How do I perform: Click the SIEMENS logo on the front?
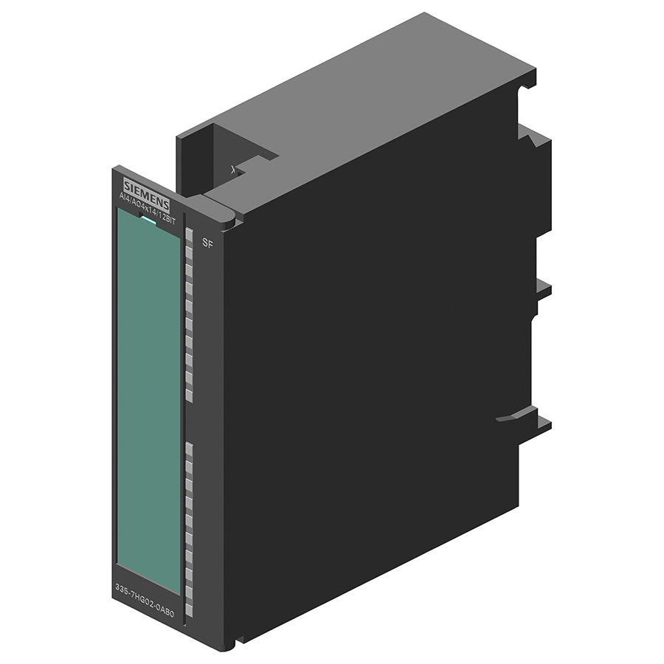coord(145,190)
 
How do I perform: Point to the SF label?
coord(207,244)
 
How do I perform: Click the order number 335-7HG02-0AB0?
coord(145,594)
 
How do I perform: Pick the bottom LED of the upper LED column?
coord(189,395)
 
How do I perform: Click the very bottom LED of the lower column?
coord(189,610)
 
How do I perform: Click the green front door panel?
coord(148,398)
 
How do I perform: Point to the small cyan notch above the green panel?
coord(148,219)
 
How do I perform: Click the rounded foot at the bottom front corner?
coord(229,644)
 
